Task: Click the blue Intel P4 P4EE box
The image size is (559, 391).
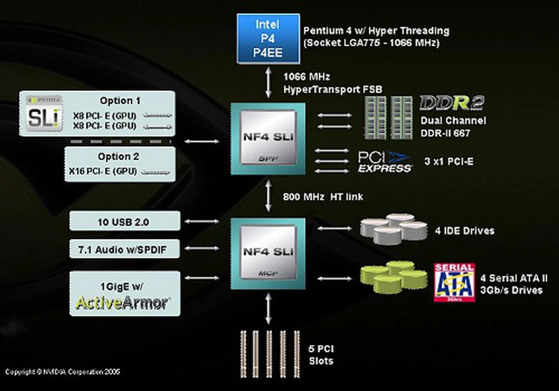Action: click(x=268, y=39)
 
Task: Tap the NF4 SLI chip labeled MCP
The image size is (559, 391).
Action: click(x=268, y=253)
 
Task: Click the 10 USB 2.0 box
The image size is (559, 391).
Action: click(x=125, y=221)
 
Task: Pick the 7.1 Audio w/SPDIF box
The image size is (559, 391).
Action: click(x=125, y=249)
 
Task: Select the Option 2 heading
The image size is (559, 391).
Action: click(x=118, y=157)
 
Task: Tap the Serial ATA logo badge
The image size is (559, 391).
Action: click(x=454, y=282)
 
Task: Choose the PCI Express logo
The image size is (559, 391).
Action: click(x=384, y=162)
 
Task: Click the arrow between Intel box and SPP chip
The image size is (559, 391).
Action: click(x=268, y=83)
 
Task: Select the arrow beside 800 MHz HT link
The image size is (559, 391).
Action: click(x=268, y=196)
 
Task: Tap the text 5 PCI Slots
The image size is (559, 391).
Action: click(x=321, y=355)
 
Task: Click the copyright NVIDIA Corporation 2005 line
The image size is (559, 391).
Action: click(x=63, y=372)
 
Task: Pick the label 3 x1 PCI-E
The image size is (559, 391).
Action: click(x=449, y=161)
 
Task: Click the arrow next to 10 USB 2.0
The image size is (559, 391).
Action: click(x=202, y=221)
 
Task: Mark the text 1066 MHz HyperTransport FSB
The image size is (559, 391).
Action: click(x=332, y=83)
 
